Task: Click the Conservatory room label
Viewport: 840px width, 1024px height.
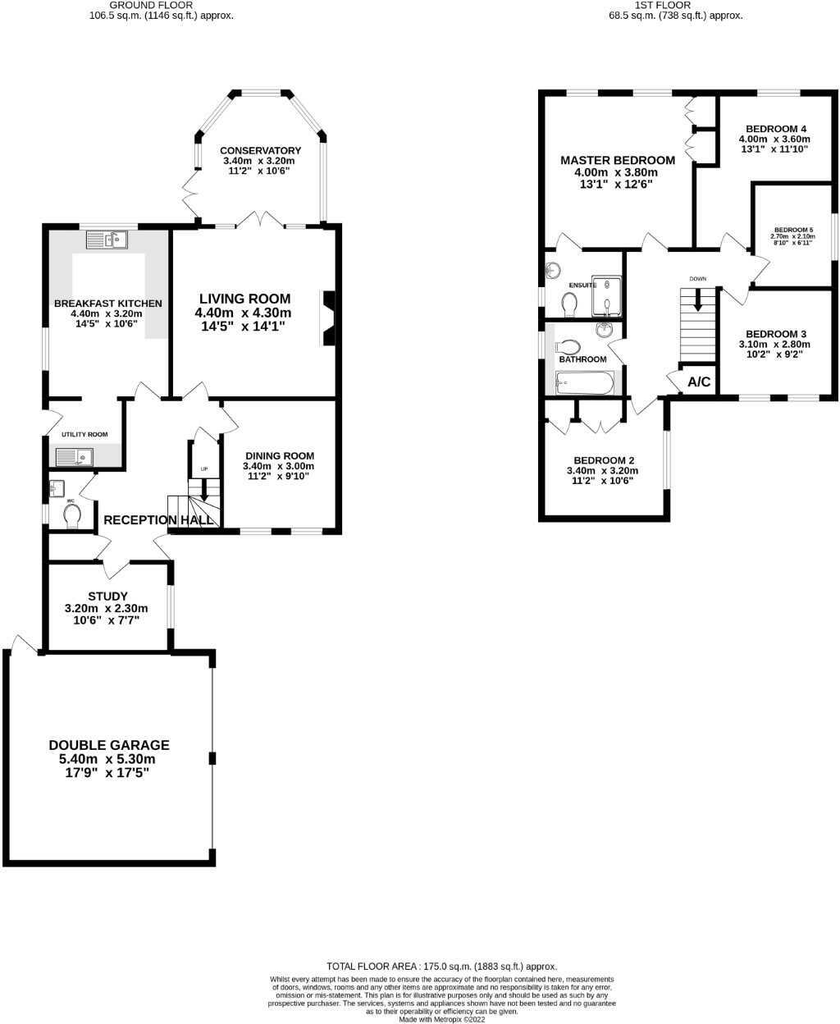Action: point(260,151)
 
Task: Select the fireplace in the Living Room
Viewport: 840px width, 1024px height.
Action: point(328,317)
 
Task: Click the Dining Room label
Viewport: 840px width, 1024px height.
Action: point(279,456)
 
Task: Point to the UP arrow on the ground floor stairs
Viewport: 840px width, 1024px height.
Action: point(204,490)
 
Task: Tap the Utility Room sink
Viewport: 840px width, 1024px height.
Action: point(75,457)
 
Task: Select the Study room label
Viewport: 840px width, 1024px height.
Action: point(107,597)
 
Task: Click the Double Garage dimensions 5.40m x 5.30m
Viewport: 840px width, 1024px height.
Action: point(108,759)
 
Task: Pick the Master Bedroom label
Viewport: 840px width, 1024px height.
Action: point(618,161)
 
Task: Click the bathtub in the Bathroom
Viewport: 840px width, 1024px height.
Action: point(584,383)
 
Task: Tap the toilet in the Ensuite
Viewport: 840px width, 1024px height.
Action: point(570,304)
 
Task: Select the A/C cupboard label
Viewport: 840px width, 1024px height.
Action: point(699,382)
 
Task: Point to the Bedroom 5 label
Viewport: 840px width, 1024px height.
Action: point(792,230)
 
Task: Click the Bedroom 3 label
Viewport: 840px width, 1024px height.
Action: point(775,334)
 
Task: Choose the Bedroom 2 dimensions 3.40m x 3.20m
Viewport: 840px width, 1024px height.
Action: point(602,471)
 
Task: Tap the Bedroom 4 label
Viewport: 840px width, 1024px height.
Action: point(775,129)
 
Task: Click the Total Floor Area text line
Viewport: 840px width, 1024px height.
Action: point(441,967)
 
